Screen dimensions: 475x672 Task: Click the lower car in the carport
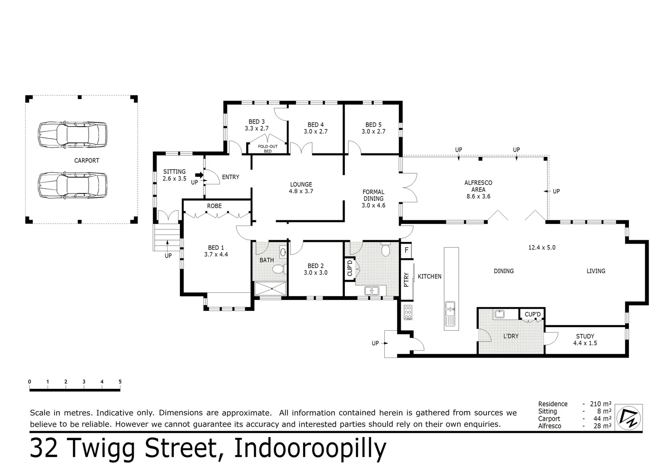coord(73,185)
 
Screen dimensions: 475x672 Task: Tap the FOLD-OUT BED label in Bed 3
coord(267,149)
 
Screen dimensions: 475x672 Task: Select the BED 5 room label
coord(373,128)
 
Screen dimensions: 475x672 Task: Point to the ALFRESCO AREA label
coord(478,190)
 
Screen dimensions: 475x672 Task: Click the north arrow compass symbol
coord(628,417)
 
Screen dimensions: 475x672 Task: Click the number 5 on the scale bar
coord(120,382)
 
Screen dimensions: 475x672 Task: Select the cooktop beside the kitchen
coord(408,312)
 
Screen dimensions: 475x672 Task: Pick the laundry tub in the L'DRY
coord(499,314)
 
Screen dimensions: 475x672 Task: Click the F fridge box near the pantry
coord(406,250)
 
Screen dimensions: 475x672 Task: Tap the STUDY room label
coord(585,340)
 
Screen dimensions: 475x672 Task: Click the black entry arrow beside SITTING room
coord(199,175)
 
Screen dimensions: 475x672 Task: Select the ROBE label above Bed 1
coord(214,206)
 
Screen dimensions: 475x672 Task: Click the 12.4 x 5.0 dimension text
coord(541,248)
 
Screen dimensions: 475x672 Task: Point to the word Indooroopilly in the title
coord(310,449)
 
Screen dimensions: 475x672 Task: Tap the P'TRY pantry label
coord(406,280)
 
